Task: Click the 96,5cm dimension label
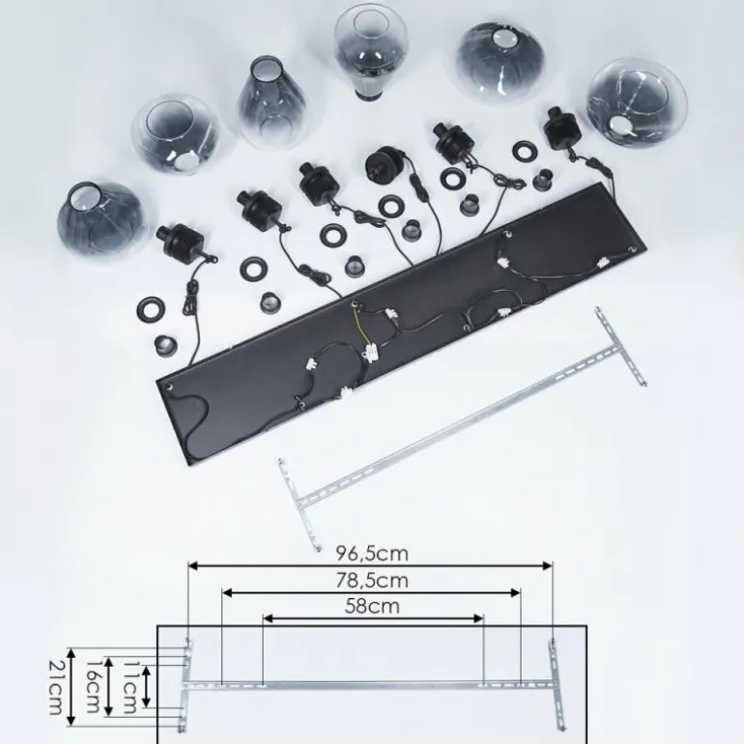coord(372,554)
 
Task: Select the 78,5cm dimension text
coord(372,581)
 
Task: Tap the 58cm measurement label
coord(372,607)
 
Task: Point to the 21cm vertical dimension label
coord(57,687)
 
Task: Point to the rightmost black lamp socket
coord(560,127)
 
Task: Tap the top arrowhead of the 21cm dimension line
coord(72,650)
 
